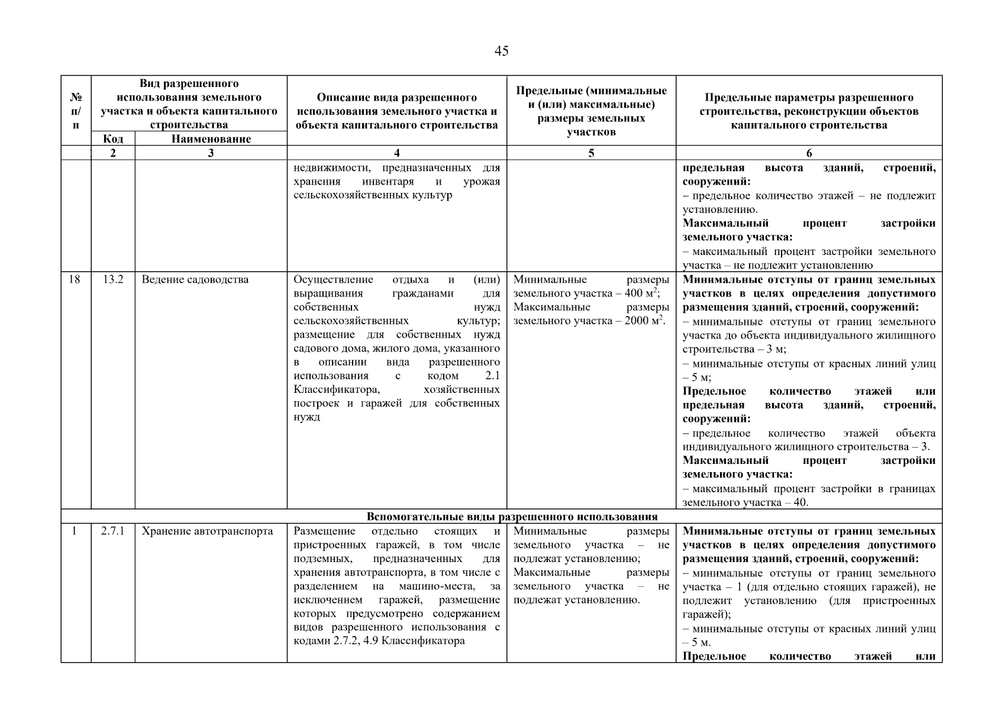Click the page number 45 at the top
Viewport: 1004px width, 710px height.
(501, 51)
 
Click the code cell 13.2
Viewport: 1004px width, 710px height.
(112, 280)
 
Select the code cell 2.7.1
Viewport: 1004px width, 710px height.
(112, 531)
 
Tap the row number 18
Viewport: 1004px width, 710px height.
(75, 280)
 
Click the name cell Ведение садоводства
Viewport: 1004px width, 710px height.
(195, 280)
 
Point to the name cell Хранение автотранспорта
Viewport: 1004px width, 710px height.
(207, 531)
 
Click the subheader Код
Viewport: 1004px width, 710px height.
(112, 139)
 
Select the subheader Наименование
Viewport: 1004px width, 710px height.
(211, 139)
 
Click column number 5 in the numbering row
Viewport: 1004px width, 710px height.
(591, 153)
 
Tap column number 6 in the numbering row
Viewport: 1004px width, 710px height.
(809, 153)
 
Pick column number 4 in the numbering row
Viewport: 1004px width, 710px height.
(396, 153)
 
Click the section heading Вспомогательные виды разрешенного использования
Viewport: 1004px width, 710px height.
(512, 517)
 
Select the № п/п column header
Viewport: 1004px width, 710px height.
(76, 111)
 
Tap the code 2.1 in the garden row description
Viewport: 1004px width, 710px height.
(492, 376)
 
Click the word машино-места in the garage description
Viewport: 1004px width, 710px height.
(438, 586)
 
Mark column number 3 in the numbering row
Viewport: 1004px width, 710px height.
(211, 153)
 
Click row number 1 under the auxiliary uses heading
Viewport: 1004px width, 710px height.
(75, 531)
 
